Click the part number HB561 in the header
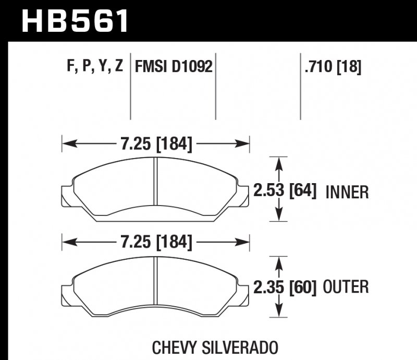[75, 20]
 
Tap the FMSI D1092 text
[174, 67]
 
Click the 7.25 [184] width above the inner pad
[156, 143]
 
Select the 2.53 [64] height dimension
[285, 190]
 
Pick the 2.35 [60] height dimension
[285, 287]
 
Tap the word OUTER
[346, 287]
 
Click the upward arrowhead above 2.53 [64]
[280, 163]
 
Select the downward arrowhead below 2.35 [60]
[280, 311]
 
